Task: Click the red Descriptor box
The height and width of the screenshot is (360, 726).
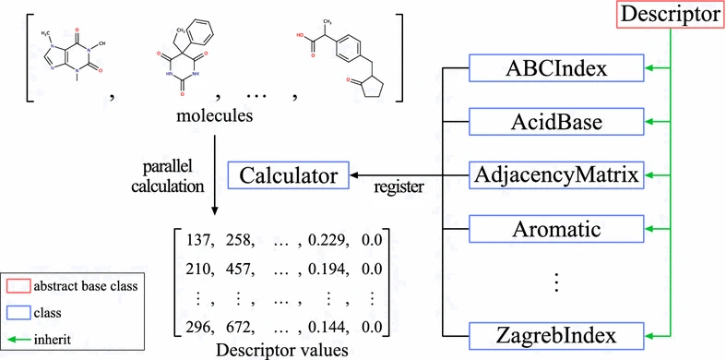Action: [672, 16]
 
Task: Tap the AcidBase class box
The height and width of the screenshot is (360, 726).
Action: [555, 121]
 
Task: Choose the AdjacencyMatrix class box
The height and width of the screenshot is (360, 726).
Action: [555, 174]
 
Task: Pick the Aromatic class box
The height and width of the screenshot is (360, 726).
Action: [555, 227]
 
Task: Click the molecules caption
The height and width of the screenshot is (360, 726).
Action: [214, 120]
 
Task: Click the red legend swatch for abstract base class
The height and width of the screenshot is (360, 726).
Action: [21, 286]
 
